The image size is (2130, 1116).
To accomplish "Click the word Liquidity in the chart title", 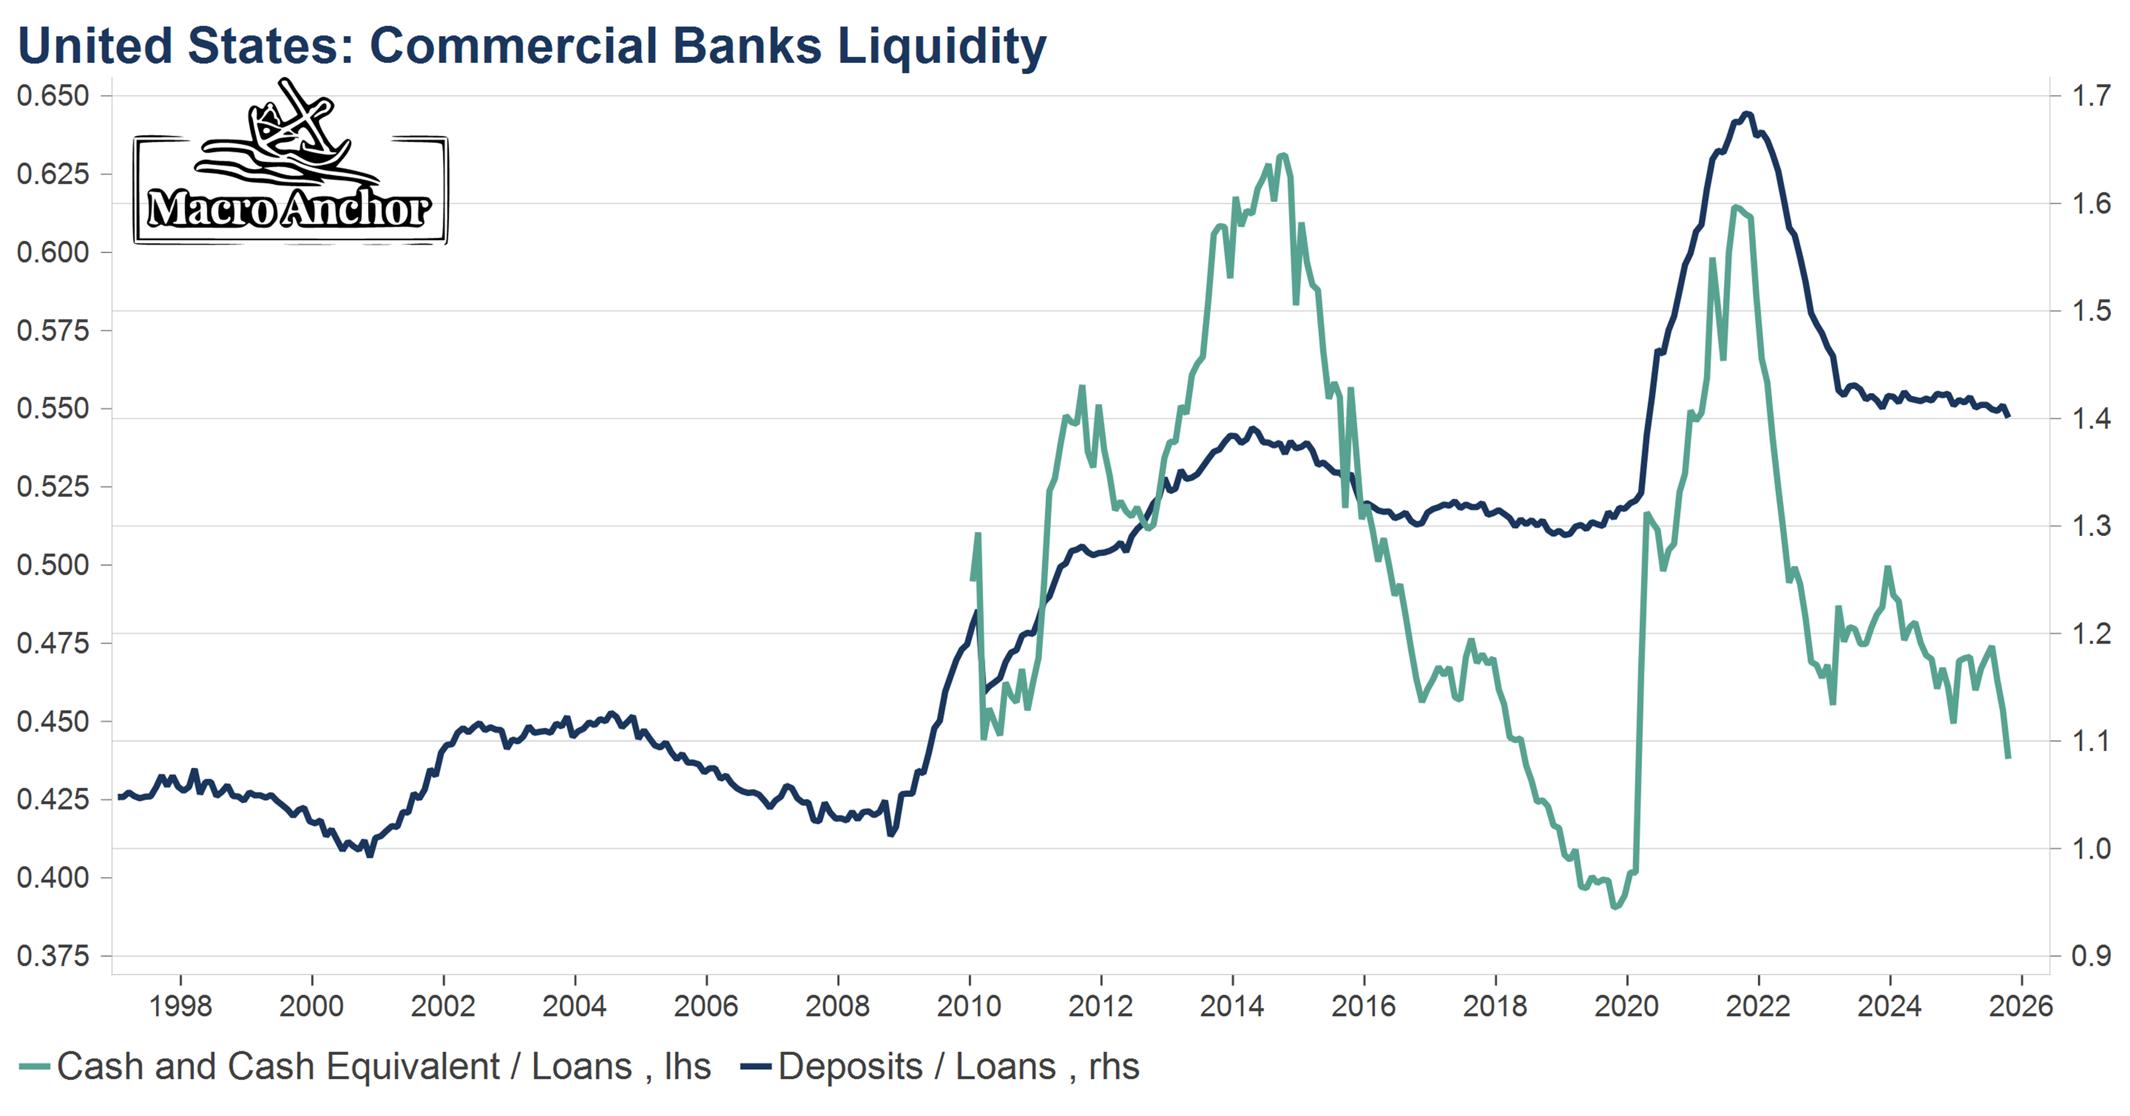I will tap(942, 46).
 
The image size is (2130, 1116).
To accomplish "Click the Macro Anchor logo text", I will tap(289, 208).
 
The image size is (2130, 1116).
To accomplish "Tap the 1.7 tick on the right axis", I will tap(2090, 96).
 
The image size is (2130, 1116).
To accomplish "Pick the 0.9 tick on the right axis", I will tap(2090, 956).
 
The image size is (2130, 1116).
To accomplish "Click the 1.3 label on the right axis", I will tap(2090, 526).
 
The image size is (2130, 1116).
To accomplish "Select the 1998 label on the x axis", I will tap(180, 1006).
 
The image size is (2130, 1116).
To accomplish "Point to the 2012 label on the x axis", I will tap(1101, 1006).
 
